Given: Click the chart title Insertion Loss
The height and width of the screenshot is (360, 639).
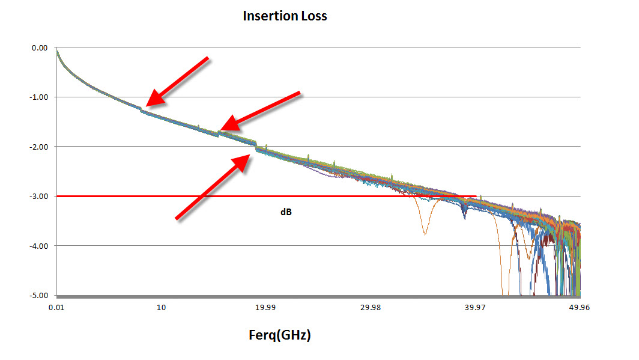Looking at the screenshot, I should click(x=285, y=16).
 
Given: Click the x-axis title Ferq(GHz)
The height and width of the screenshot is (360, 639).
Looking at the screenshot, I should click(x=279, y=335).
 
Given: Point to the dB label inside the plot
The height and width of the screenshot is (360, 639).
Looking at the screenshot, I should click(x=286, y=212).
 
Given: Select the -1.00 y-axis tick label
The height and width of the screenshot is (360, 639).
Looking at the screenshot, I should click(x=39, y=97).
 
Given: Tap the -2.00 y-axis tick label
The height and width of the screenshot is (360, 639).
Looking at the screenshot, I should click(x=39, y=147).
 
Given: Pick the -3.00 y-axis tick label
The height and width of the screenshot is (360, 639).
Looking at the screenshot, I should click(x=39, y=197).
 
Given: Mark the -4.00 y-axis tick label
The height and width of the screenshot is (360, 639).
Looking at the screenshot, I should click(x=39, y=246).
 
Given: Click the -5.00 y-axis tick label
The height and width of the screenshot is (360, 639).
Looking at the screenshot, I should click(x=39, y=295).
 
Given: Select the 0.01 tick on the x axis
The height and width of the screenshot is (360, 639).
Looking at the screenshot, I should click(x=57, y=307).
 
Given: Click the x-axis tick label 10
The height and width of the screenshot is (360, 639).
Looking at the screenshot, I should click(x=161, y=307).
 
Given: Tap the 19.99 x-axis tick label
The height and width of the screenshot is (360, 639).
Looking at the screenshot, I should click(x=265, y=307).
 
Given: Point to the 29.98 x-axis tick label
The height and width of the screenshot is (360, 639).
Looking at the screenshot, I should click(x=370, y=307).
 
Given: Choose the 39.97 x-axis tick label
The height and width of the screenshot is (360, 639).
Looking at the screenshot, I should click(x=474, y=307).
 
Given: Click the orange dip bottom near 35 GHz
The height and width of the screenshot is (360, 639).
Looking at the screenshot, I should click(x=425, y=234).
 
